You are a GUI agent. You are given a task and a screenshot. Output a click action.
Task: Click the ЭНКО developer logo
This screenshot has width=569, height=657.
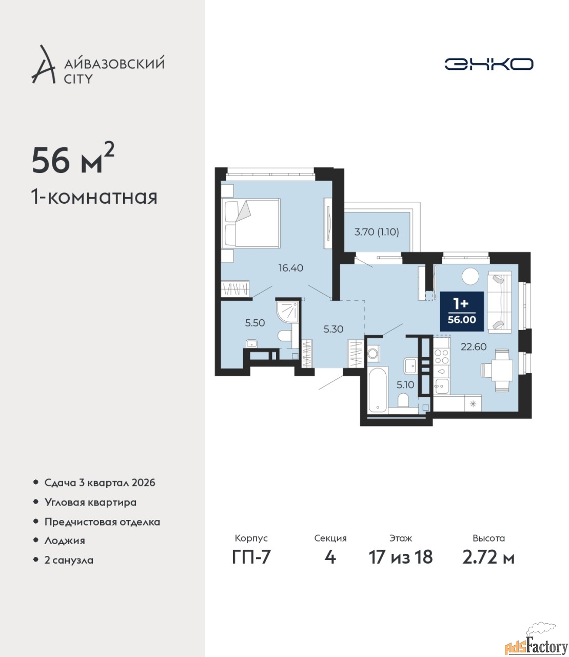tap(488, 64)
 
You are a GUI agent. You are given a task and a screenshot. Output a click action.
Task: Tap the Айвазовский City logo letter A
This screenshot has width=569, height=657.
tap(44, 65)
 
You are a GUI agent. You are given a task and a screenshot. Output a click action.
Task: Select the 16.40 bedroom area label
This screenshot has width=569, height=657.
tap(291, 268)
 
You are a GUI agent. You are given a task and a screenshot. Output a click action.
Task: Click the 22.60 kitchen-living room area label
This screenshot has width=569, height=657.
tap(474, 347)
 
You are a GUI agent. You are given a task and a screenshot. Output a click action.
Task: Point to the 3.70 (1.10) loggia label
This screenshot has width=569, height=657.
tap(377, 231)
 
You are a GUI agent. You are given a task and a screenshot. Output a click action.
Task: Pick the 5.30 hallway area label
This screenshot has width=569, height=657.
tap(333, 329)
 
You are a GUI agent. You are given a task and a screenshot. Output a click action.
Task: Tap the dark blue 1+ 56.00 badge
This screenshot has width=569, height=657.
tap(462, 311)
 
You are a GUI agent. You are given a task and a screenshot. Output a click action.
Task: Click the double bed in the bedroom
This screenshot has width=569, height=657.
tap(251, 223)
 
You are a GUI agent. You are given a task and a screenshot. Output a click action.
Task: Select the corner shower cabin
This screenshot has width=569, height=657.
tap(287, 312)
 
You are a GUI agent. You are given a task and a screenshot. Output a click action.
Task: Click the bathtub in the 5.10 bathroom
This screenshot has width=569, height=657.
tap(378, 390)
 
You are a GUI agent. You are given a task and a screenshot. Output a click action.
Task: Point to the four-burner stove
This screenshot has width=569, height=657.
tap(441, 356)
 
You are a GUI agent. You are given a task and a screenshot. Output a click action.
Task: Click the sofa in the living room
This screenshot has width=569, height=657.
tap(499, 302)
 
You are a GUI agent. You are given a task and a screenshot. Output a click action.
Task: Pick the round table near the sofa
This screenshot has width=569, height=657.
tap(470, 277)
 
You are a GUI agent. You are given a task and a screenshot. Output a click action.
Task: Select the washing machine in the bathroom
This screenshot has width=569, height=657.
tap(372, 353)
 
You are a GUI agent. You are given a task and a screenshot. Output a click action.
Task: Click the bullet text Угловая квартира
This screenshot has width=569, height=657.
tap(90, 503)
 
